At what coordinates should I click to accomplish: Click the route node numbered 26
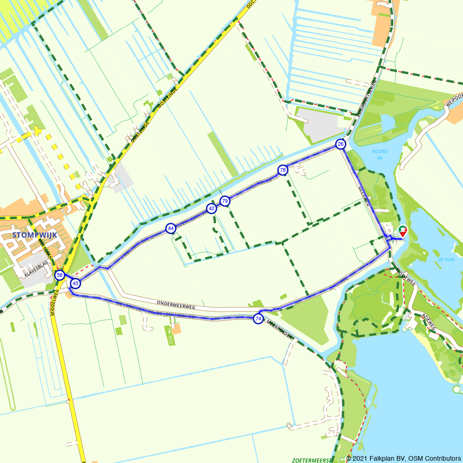pyautogui.click(x=341, y=144)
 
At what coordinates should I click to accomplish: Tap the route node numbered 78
pyautogui.click(x=282, y=170)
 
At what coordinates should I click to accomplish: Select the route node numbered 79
pyautogui.click(x=225, y=201)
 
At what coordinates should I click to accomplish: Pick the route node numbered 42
pyautogui.click(x=212, y=209)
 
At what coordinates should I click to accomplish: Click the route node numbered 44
pyautogui.click(x=171, y=228)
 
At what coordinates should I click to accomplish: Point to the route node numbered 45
pyautogui.click(x=75, y=283)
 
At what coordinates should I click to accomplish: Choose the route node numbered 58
pyautogui.click(x=60, y=275)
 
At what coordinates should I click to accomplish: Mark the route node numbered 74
pyautogui.click(x=258, y=319)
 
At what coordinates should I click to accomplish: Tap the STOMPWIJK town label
pyautogui.click(x=35, y=235)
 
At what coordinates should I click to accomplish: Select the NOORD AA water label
pyautogui.click(x=380, y=155)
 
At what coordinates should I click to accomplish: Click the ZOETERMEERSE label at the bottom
pyautogui.click(x=313, y=460)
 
